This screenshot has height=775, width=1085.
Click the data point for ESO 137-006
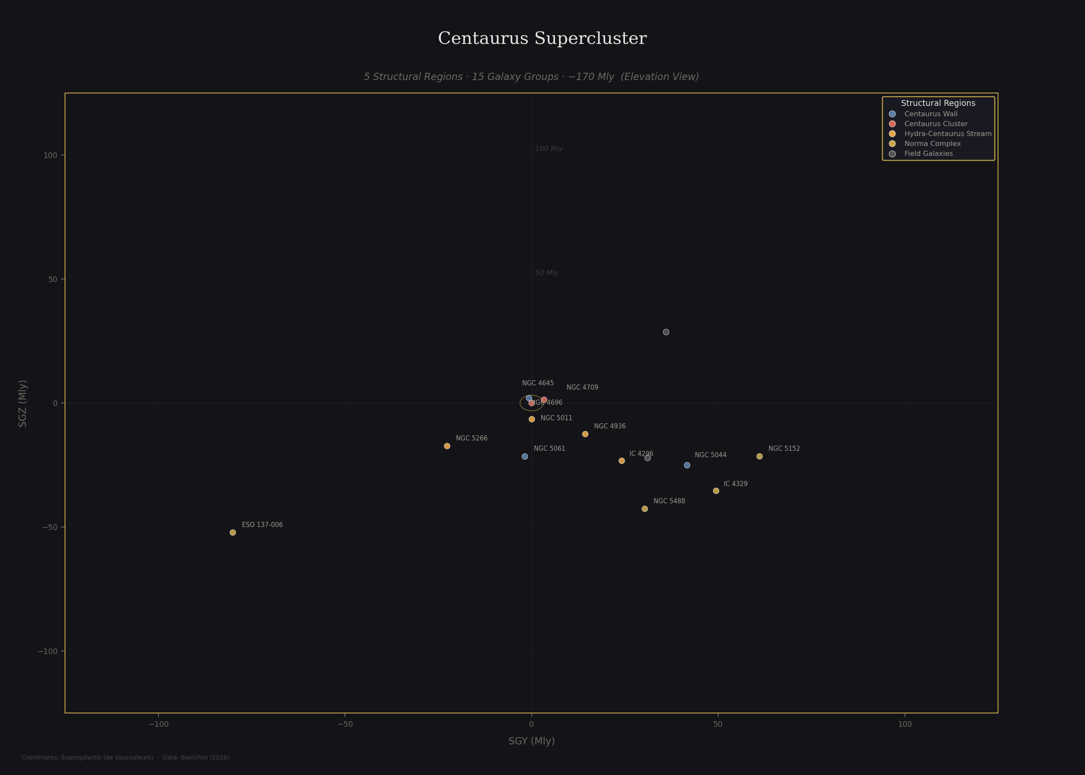pyautogui.click(x=233, y=533)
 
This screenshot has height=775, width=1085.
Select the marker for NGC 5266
pyautogui.click(x=447, y=446)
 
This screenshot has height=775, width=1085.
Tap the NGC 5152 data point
pyautogui.click(x=759, y=456)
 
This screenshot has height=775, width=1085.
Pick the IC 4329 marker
pyautogui.click(x=716, y=491)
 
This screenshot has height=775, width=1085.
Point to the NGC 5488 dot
pyautogui.click(x=645, y=509)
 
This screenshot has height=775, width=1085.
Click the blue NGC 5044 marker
pyautogui.click(x=687, y=465)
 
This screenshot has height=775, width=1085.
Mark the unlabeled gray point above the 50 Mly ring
pyautogui.click(x=666, y=332)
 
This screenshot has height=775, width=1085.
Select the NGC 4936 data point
pyautogui.click(x=586, y=434)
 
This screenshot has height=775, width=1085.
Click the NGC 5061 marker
pyautogui.click(x=525, y=456)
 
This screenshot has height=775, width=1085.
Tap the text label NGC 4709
pyautogui.click(x=582, y=387)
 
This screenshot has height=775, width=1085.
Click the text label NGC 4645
pyautogui.click(x=538, y=383)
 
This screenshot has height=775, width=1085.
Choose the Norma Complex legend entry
pyautogui.click(x=932, y=144)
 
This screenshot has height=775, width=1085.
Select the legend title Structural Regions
pyautogui.click(x=938, y=103)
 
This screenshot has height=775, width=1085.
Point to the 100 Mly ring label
pyautogui.click(x=549, y=149)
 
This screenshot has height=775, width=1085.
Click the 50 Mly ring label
pyautogui.click(x=546, y=273)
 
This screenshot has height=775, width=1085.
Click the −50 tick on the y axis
pyautogui.click(x=50, y=527)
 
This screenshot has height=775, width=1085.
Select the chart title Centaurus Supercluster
pyautogui.click(x=542, y=39)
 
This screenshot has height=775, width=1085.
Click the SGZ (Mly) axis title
pyautogui.click(x=22, y=403)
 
